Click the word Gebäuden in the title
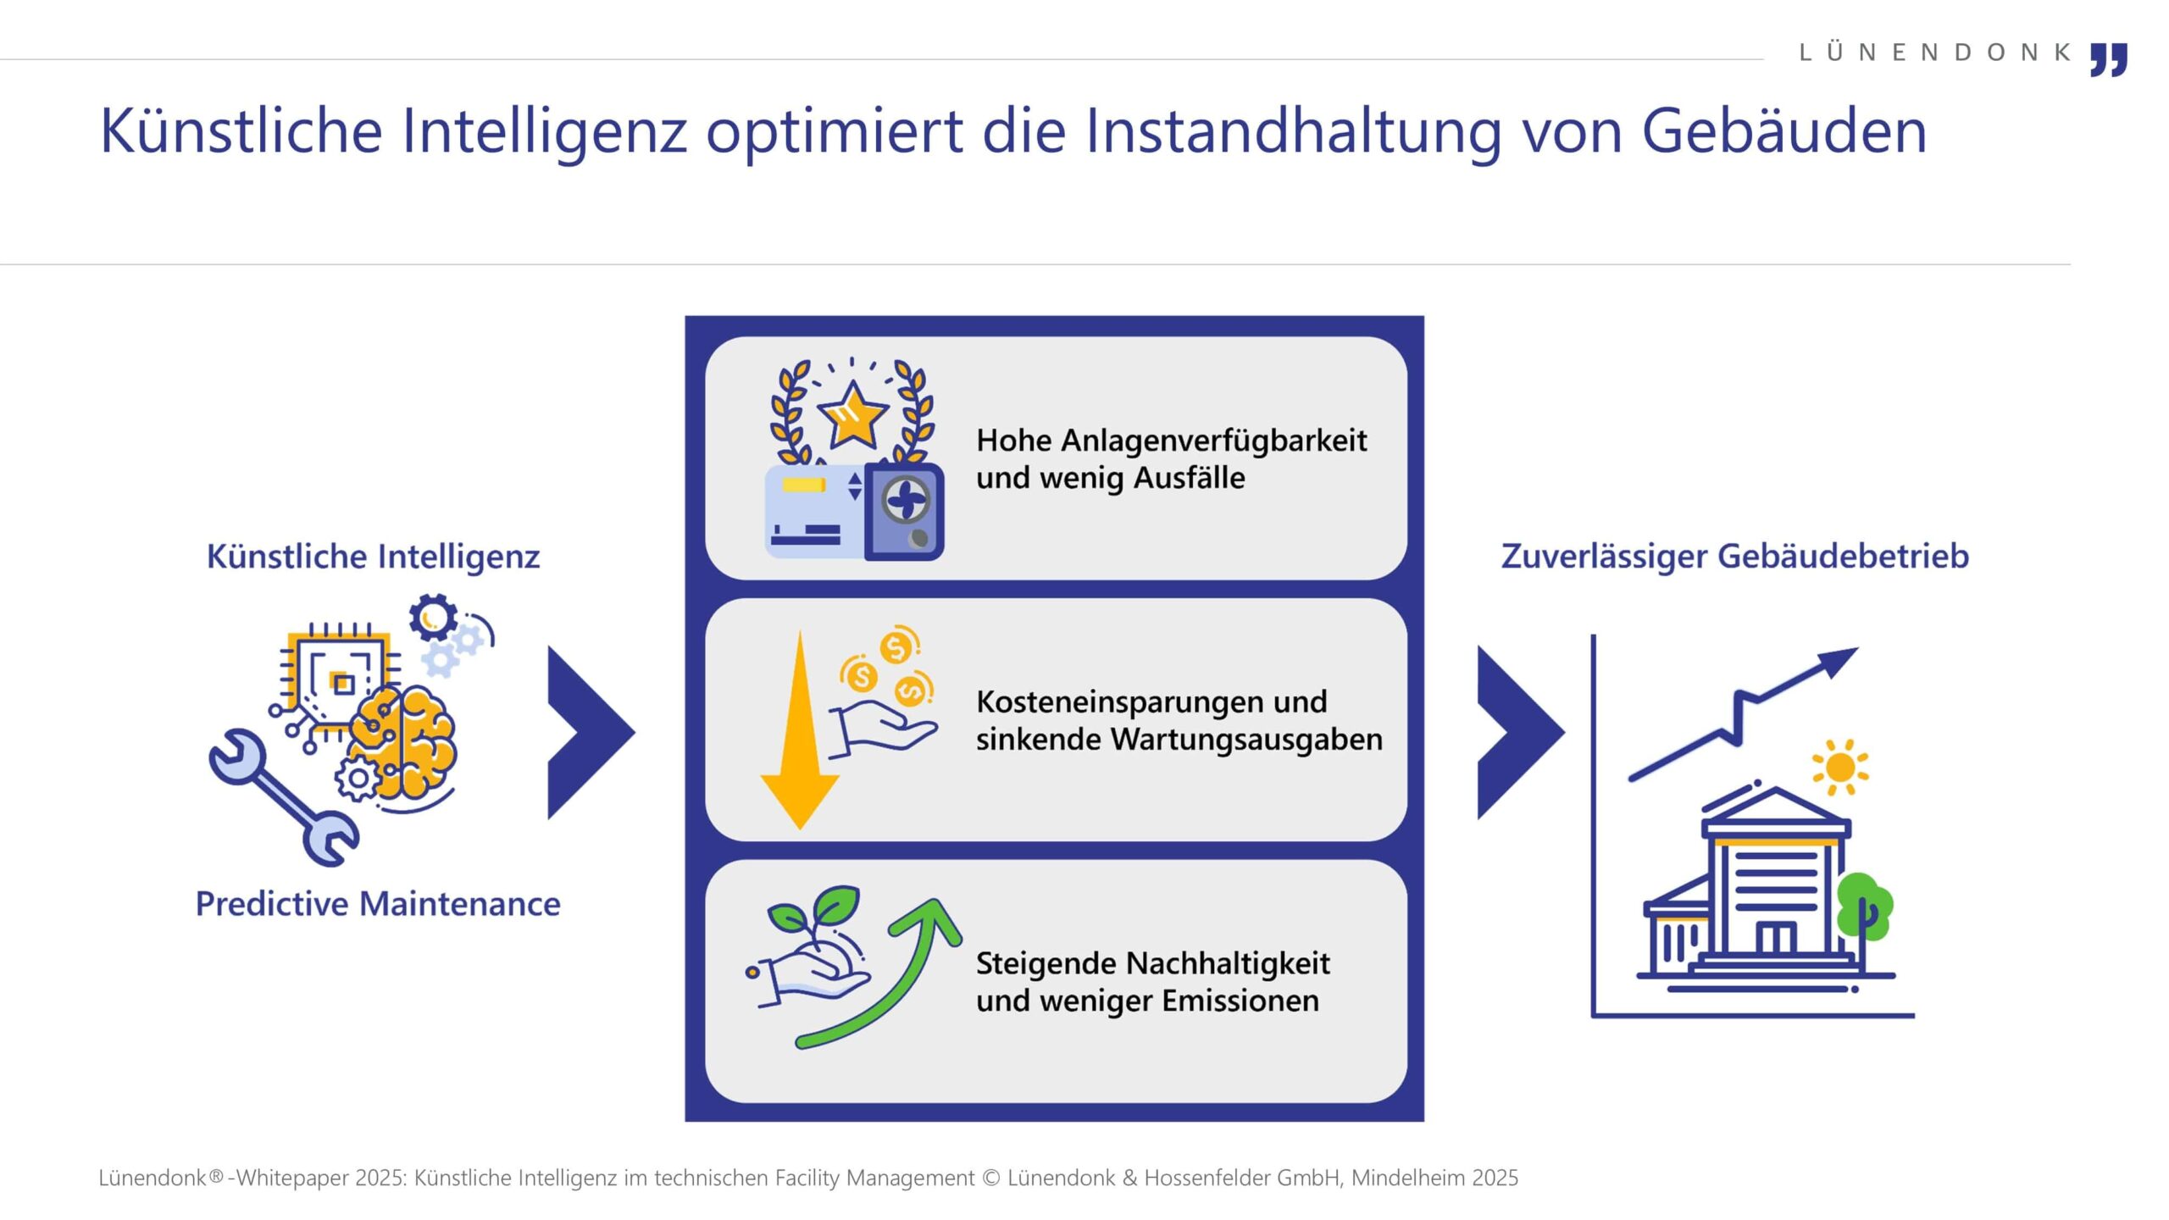pos(1783,130)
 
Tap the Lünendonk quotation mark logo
pos(2109,59)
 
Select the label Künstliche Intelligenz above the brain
pos(374,557)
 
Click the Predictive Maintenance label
pos(378,904)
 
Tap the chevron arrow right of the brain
pos(591,733)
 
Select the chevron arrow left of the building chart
pos(1520,733)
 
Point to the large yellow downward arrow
pos(800,729)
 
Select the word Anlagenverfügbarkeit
pos(1213,441)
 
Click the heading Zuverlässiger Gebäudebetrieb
pos(1735,557)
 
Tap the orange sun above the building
pos(1840,768)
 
